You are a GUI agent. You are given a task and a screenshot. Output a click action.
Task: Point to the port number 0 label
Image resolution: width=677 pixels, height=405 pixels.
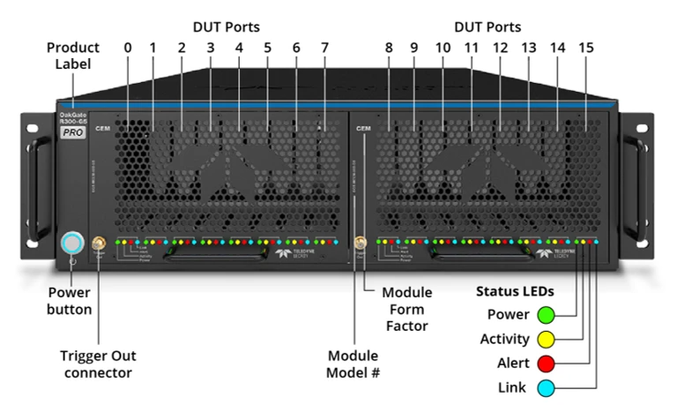coord(128,47)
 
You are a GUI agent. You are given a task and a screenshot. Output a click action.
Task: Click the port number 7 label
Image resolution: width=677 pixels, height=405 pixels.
coord(324,47)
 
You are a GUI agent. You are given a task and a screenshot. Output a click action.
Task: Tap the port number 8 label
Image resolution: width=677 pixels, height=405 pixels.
coord(388,47)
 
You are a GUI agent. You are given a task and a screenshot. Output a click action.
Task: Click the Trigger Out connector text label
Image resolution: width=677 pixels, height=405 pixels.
coord(98,364)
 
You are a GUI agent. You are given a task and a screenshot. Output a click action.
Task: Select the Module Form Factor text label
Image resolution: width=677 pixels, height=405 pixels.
coord(406,309)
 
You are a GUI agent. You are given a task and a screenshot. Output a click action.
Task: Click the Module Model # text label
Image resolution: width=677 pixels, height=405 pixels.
coord(353,364)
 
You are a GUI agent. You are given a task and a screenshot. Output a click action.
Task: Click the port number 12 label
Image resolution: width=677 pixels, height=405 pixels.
coord(500,47)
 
